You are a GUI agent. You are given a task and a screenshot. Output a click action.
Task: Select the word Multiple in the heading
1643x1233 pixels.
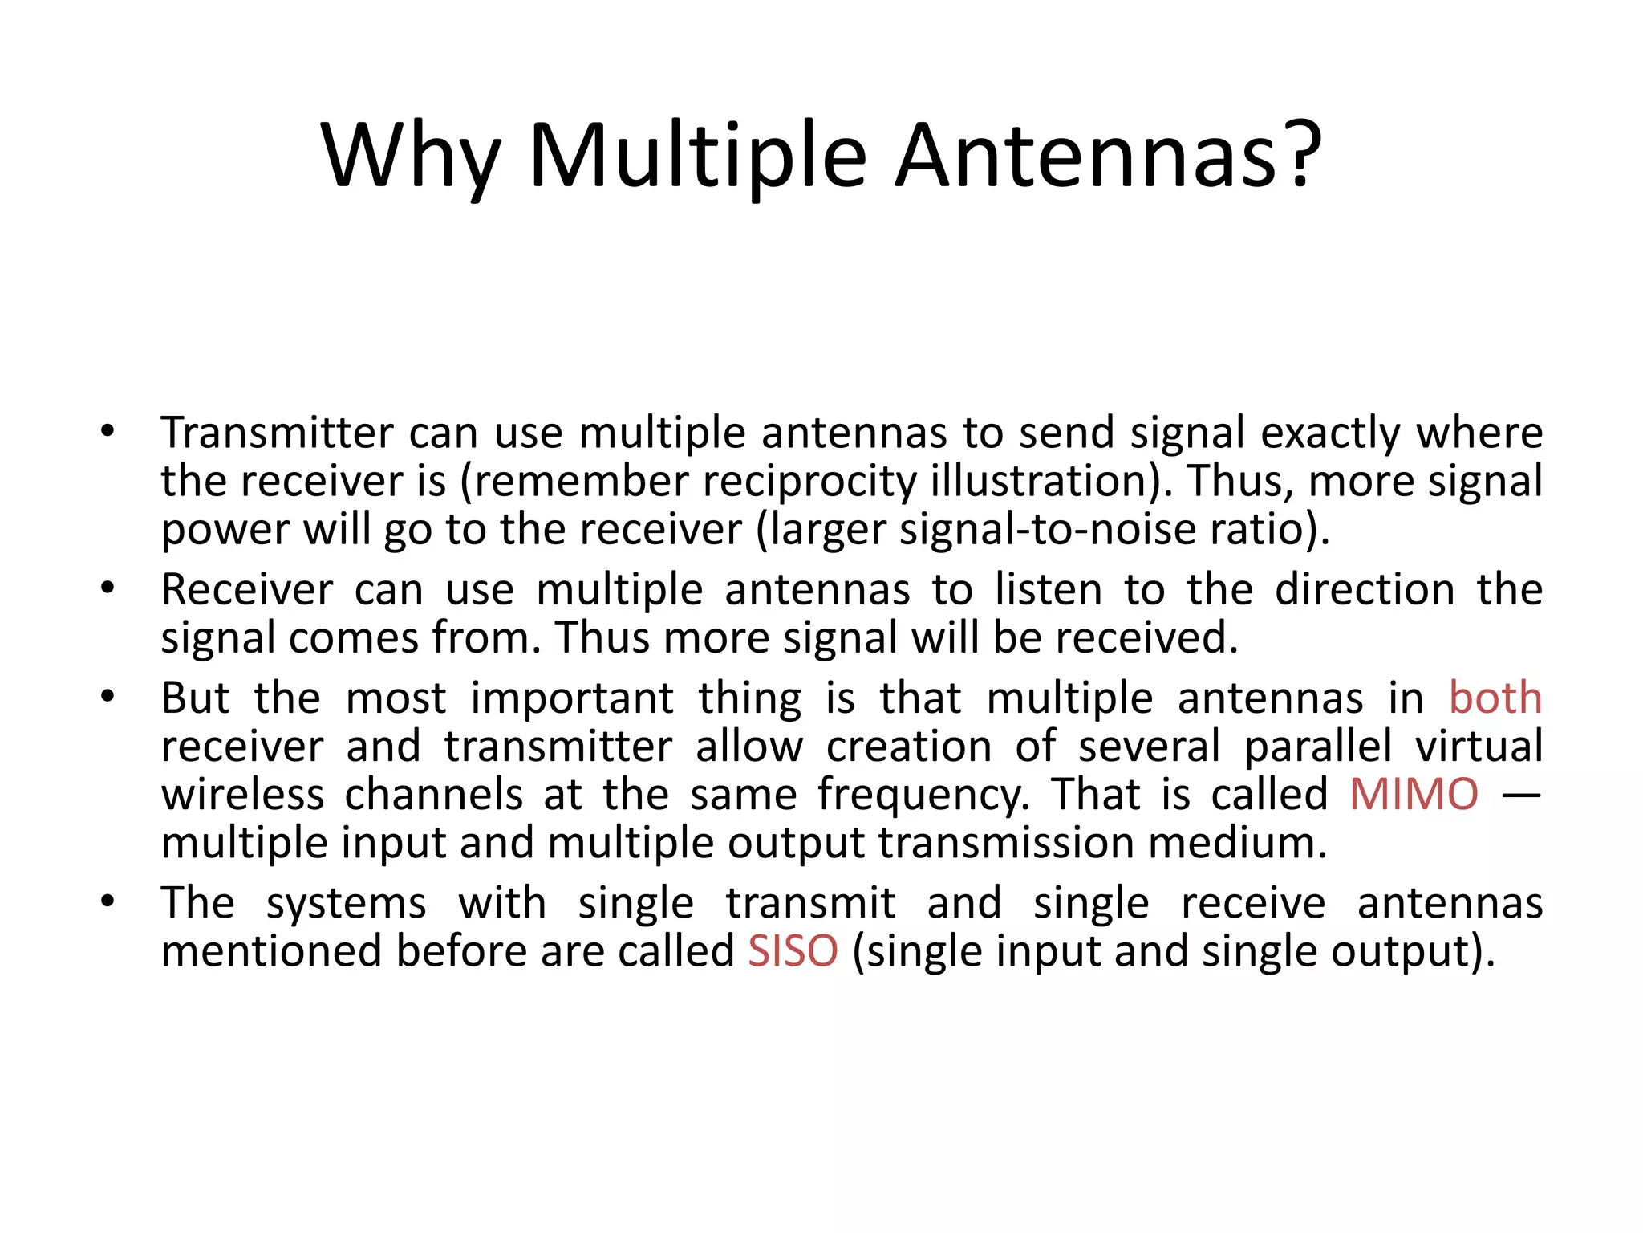[x=698, y=157]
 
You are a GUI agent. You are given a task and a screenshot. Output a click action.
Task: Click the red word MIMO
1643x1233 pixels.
[x=1414, y=795]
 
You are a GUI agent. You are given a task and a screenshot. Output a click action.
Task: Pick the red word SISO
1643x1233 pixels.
[x=793, y=951]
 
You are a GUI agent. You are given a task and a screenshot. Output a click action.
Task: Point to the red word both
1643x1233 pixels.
[x=1495, y=698]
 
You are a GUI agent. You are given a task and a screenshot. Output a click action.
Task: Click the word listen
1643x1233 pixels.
[x=1049, y=590]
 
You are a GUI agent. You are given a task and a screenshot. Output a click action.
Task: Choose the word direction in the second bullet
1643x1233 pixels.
[x=1365, y=590]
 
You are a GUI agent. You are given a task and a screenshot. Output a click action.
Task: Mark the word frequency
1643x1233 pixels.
[x=923, y=795]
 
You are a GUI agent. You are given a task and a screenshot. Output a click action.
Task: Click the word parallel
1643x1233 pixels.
[x=1318, y=747]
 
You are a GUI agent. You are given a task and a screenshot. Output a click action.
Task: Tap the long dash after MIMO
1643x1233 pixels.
[x=1521, y=795]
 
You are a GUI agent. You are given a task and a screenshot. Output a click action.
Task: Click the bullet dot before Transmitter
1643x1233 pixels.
[x=108, y=432]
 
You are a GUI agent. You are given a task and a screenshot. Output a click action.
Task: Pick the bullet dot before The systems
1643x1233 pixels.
[x=108, y=901]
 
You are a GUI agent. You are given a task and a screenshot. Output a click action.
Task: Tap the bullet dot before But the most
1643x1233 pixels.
[x=108, y=697]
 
